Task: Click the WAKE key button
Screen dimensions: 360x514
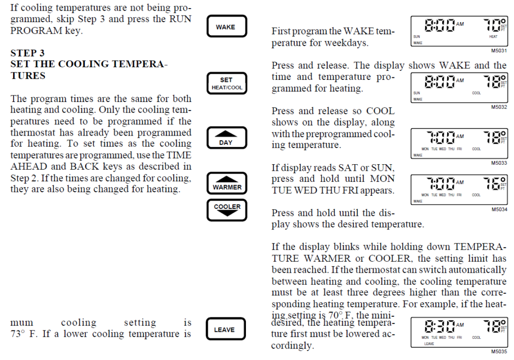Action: [227, 27]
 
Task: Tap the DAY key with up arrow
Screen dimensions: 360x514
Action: [227, 138]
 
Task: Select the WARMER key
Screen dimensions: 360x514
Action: [227, 183]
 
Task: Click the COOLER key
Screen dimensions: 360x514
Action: [227, 209]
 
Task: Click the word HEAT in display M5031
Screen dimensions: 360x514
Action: [493, 37]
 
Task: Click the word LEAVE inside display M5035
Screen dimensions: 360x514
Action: [429, 344]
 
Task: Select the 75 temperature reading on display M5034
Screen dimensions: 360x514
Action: [491, 184]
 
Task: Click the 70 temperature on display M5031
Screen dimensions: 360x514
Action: [491, 25]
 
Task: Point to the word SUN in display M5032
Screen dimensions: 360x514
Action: [417, 93]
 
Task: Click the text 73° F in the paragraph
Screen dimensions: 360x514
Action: [22, 334]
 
